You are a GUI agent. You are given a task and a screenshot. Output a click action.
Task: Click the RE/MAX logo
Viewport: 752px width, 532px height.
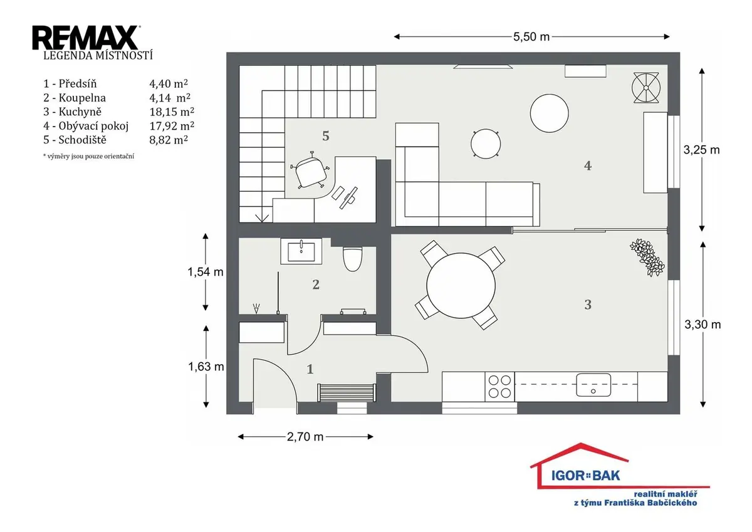(86, 38)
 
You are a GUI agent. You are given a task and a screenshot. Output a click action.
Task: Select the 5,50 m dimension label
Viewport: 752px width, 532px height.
(531, 36)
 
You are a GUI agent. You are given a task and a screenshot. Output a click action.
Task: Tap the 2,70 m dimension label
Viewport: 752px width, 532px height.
(305, 437)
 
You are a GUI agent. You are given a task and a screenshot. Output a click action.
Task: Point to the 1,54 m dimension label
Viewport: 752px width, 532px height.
(206, 272)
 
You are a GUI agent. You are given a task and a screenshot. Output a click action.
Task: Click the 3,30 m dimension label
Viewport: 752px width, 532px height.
(702, 325)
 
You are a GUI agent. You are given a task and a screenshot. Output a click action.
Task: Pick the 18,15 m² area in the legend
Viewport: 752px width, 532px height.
(172, 112)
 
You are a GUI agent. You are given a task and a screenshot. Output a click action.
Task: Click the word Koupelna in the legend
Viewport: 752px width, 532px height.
(82, 98)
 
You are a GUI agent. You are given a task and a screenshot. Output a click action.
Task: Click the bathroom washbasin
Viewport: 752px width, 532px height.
(301, 251)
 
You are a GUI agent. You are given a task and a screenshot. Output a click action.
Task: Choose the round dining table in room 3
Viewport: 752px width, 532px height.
(461, 286)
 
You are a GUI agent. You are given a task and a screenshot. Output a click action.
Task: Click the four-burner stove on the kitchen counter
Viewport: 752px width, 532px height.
(499, 387)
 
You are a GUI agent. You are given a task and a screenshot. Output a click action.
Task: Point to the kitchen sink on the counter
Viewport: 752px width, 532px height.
(593, 385)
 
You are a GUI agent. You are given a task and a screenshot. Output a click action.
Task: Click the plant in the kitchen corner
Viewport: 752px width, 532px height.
(647, 258)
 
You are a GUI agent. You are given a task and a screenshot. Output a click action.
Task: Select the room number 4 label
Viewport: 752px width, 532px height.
(588, 166)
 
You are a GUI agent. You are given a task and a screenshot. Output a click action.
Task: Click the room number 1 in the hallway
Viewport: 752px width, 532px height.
(310, 369)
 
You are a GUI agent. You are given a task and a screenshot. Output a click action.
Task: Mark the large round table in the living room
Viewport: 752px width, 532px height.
(549, 113)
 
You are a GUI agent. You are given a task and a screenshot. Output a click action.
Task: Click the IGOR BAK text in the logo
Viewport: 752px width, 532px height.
(586, 475)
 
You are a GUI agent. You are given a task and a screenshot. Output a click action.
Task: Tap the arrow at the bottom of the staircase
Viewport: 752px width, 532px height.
(262, 218)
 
